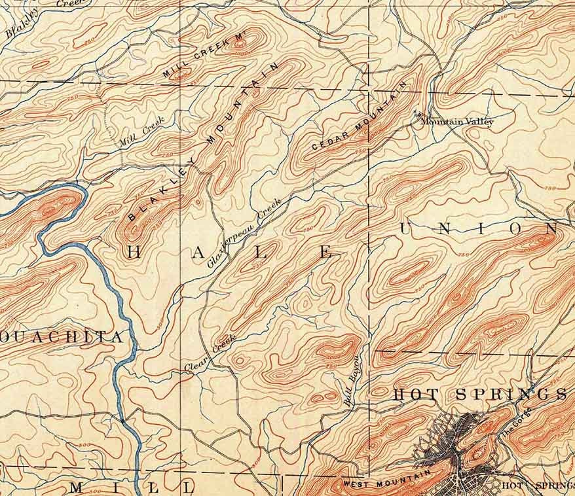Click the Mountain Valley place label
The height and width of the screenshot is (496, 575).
pos(457,122)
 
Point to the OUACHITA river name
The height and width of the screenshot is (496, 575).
pos(62,338)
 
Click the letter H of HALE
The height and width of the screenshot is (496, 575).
pos(132,252)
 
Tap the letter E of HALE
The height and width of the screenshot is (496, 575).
pos(326,253)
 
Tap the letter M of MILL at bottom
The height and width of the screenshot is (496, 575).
pos(77,487)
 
